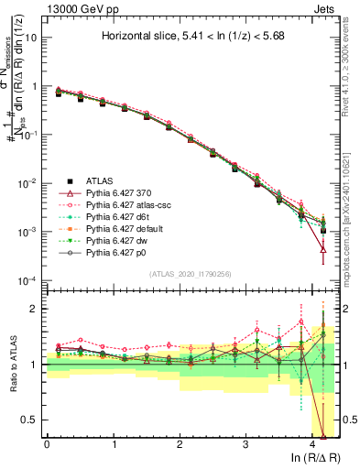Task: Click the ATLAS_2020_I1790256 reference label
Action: pos(190,274)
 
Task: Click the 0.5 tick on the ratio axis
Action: pos(29,420)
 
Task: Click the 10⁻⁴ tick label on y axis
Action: pos(27,280)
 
